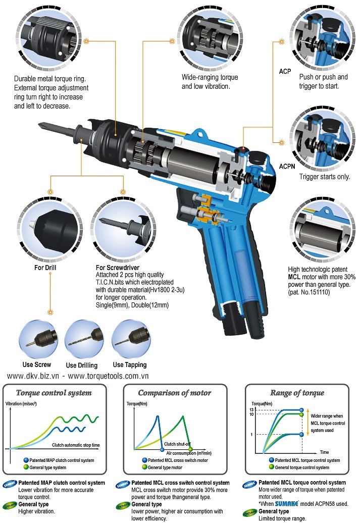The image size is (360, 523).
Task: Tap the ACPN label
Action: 287,166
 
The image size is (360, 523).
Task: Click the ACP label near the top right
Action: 285,71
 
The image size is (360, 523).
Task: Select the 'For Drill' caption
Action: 45,268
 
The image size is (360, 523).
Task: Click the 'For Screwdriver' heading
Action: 118,268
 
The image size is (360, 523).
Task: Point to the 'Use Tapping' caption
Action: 129,364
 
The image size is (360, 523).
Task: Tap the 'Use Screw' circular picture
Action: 38,339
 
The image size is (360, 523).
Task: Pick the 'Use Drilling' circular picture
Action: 84,339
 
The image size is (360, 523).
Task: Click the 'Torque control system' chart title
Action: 54,393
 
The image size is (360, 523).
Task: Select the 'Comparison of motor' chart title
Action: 175,393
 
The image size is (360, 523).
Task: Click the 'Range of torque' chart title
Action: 297,393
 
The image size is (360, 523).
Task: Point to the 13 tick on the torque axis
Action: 251,409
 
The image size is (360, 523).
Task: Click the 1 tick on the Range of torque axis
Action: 251,434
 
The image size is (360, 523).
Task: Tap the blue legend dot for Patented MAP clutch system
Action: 26,460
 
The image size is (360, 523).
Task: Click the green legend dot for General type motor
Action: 144,467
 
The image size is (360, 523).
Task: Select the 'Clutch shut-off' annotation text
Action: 177,444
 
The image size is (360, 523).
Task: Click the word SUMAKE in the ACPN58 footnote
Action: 287,504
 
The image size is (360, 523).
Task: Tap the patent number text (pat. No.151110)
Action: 309,292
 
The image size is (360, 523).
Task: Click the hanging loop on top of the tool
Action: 200,134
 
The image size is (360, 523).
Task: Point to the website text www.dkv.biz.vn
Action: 33,376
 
